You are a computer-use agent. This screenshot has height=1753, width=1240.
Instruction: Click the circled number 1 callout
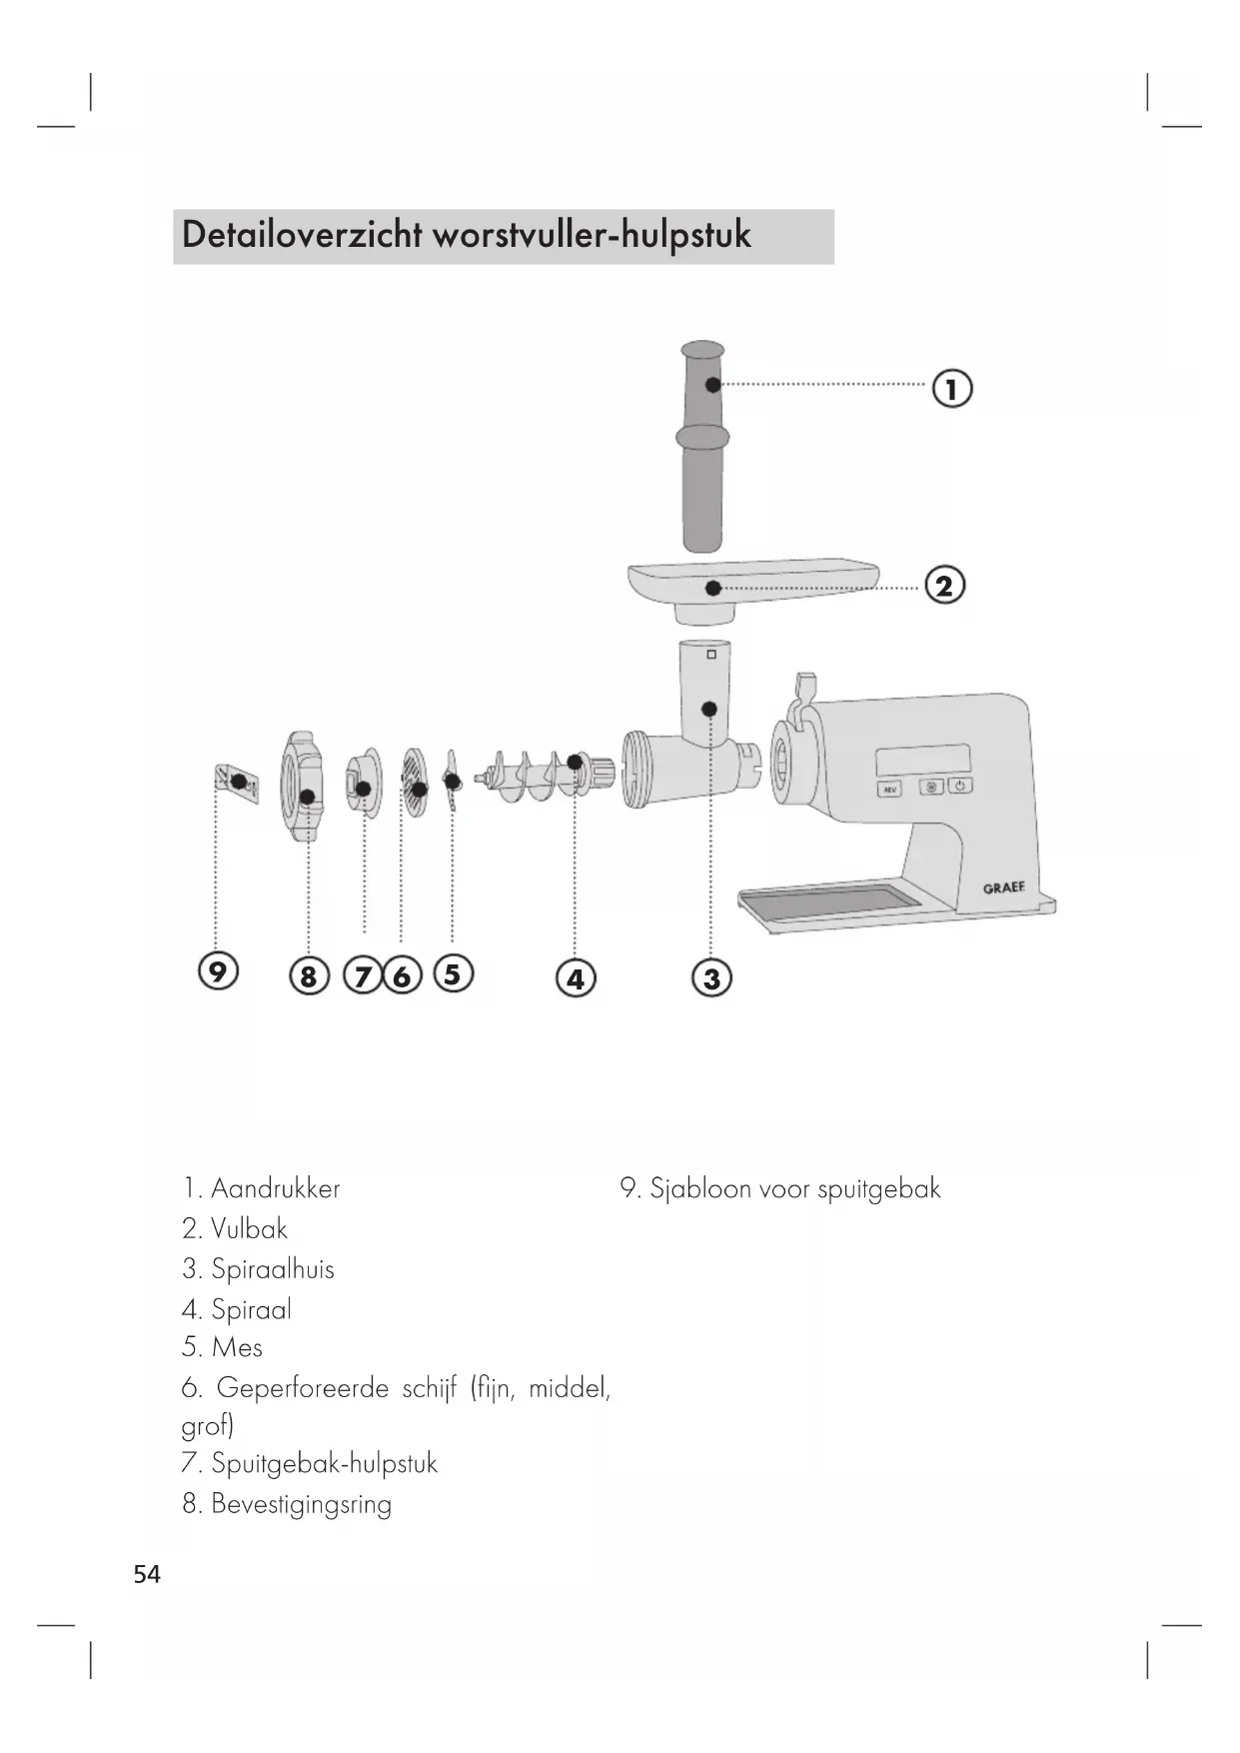(x=951, y=388)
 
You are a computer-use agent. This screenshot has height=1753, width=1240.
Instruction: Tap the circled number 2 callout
(x=944, y=585)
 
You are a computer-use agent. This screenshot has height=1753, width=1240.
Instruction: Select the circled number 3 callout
(x=711, y=977)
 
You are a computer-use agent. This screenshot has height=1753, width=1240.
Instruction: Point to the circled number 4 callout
(x=576, y=977)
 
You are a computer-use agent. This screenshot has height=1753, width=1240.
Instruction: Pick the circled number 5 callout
(x=453, y=972)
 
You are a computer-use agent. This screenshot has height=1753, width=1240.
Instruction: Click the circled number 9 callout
(x=218, y=970)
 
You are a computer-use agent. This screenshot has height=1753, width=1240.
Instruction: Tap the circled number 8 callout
(x=308, y=975)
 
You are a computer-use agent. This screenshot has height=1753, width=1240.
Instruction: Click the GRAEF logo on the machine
(x=1003, y=887)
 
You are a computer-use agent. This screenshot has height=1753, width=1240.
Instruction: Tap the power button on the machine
(x=958, y=787)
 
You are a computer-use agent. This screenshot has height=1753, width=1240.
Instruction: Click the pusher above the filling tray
(x=703, y=445)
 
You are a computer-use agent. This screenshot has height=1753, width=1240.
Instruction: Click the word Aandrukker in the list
(x=275, y=1188)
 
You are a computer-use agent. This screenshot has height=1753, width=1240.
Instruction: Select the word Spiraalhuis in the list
(x=272, y=1269)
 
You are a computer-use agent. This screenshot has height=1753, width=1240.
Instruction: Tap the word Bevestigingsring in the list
(x=301, y=1504)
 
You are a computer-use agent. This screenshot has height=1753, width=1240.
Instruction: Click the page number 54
(x=147, y=1575)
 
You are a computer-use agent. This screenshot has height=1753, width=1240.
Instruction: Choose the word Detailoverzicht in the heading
(x=302, y=236)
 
